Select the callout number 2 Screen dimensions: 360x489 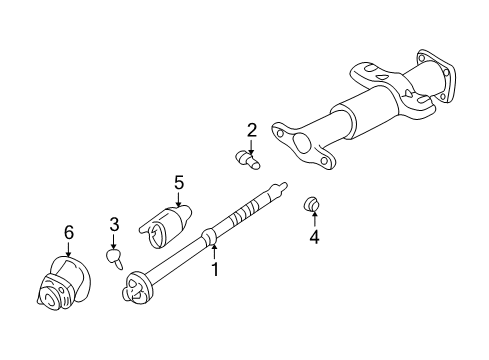(251, 129)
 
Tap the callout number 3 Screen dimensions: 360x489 (114, 224)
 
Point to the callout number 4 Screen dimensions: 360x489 (313, 238)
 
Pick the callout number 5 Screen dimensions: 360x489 (179, 182)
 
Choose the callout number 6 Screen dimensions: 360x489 (69, 232)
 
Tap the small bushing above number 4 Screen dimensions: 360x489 (311, 206)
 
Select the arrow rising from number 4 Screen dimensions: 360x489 (313, 222)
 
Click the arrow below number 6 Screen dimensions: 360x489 (69, 249)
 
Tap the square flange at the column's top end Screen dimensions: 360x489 (432, 76)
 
